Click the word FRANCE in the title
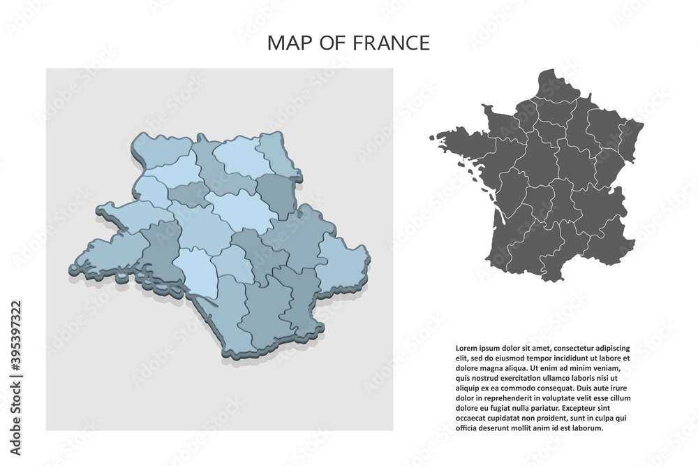click(398, 43)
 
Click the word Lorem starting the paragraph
click(466, 347)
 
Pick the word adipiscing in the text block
click(611, 347)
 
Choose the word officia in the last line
click(467, 428)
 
